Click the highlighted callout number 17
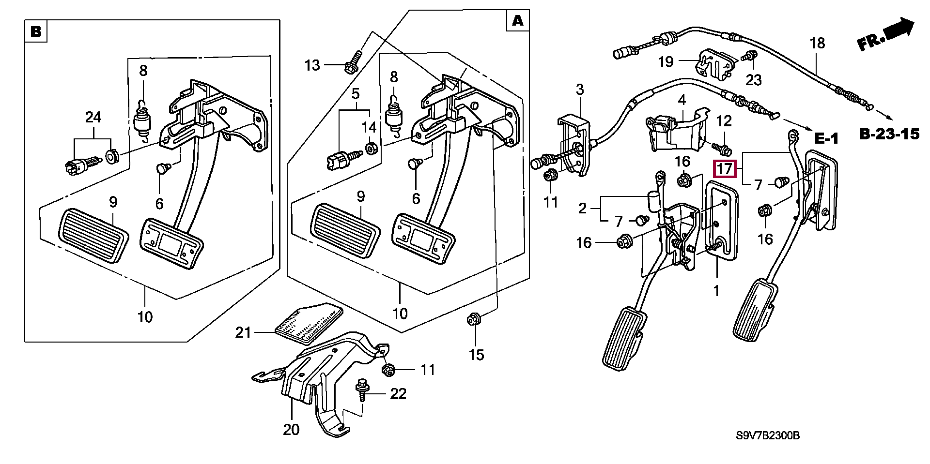coord(726,169)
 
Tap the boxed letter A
coord(517,21)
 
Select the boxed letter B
coord(36,32)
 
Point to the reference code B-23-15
coord(889,134)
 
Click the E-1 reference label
coord(826,139)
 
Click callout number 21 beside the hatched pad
coord(243,332)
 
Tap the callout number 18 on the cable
coord(817,43)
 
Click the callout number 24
coord(93,117)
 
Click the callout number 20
coord(292,429)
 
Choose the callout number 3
coord(580,90)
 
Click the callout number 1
coord(716,291)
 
